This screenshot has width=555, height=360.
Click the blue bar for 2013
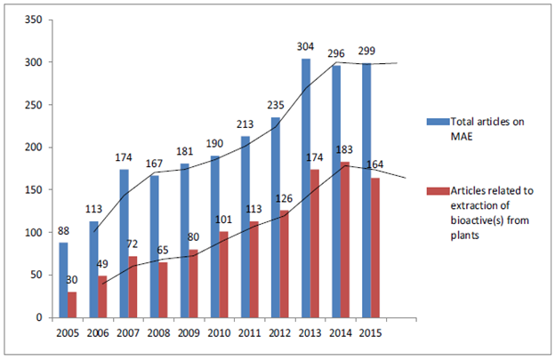click(305, 188)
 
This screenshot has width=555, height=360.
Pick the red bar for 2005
click(71, 304)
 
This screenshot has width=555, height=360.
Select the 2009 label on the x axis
click(187, 334)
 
